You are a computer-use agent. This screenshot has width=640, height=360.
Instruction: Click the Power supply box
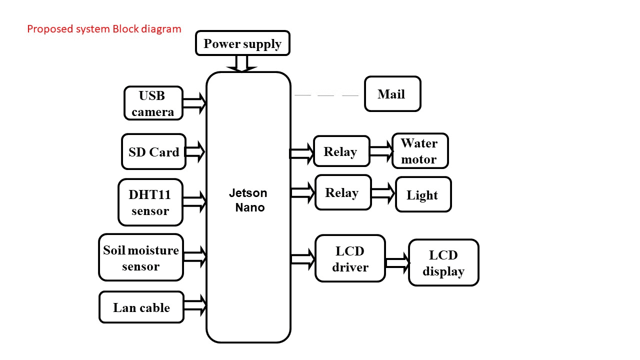coord(242,43)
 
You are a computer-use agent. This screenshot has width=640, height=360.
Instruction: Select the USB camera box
coord(153,103)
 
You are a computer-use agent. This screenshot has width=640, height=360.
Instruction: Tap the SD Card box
coord(153,151)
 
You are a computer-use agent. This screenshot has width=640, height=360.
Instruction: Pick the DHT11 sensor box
coord(150,202)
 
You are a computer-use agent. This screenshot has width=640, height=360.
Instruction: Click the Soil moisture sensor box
coord(141,257)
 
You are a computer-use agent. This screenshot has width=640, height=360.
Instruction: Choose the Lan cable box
coord(141,307)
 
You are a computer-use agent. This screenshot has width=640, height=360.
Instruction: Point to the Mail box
coord(392,94)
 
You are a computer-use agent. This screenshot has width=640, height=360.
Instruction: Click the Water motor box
coord(419,151)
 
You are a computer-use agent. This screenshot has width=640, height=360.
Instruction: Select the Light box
coord(423,194)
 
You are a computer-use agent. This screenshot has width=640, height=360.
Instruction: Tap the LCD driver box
coord(350,258)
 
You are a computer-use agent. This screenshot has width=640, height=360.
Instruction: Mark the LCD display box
coord(443,262)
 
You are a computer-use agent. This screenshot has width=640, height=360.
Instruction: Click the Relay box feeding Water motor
coord(341,151)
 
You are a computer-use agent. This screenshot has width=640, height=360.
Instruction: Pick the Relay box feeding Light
coord(343,192)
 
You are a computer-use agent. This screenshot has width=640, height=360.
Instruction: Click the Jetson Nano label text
coord(248,200)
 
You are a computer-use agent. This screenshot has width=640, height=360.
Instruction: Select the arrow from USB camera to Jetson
coord(194,103)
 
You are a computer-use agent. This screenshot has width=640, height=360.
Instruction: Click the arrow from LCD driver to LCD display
coord(397,262)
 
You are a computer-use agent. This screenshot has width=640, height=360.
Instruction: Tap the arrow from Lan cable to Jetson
coord(195,304)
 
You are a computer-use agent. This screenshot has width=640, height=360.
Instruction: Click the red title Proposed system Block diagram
coord(104,29)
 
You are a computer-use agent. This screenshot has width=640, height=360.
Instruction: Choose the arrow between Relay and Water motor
coord(381,151)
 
